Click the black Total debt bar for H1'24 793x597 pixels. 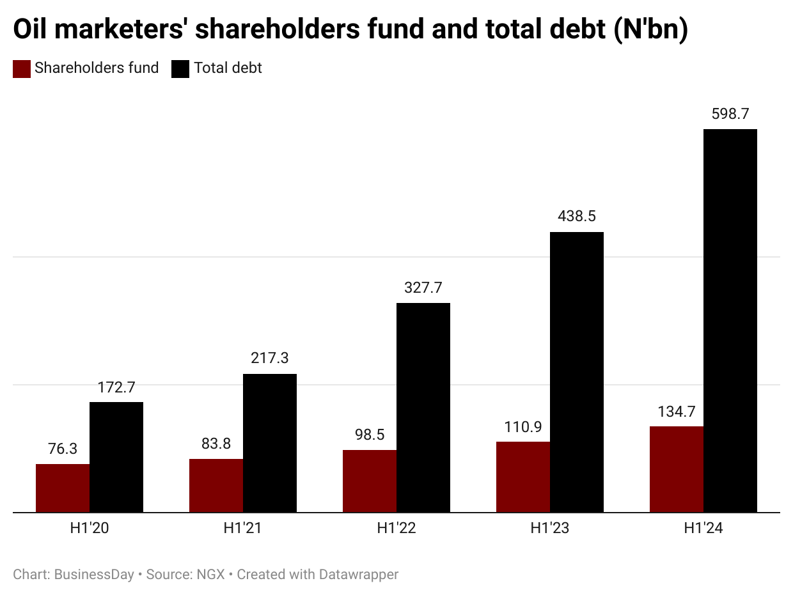pyautogui.click(x=730, y=320)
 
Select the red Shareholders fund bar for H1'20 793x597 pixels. pyautogui.click(x=63, y=488)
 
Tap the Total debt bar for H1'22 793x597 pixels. pyautogui.click(x=423, y=407)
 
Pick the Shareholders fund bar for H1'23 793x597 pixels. pyautogui.click(x=523, y=477)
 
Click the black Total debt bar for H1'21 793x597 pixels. pyautogui.click(x=269, y=443)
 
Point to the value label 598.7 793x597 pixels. pyautogui.click(x=730, y=114)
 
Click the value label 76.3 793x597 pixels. pyautogui.click(x=63, y=449)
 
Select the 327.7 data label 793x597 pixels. pyautogui.click(x=423, y=288)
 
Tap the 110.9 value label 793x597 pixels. pyautogui.click(x=523, y=427)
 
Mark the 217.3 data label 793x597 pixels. pyautogui.click(x=269, y=359)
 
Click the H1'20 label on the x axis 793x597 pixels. pyautogui.click(x=89, y=529)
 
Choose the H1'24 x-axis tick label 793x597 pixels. pyautogui.click(x=703, y=529)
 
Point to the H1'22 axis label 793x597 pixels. pyautogui.click(x=396, y=529)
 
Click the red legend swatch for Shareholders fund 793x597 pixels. pyautogui.click(x=22, y=69)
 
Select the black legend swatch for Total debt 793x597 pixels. pyautogui.click(x=181, y=69)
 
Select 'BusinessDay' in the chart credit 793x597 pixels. pyautogui.click(x=94, y=575)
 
